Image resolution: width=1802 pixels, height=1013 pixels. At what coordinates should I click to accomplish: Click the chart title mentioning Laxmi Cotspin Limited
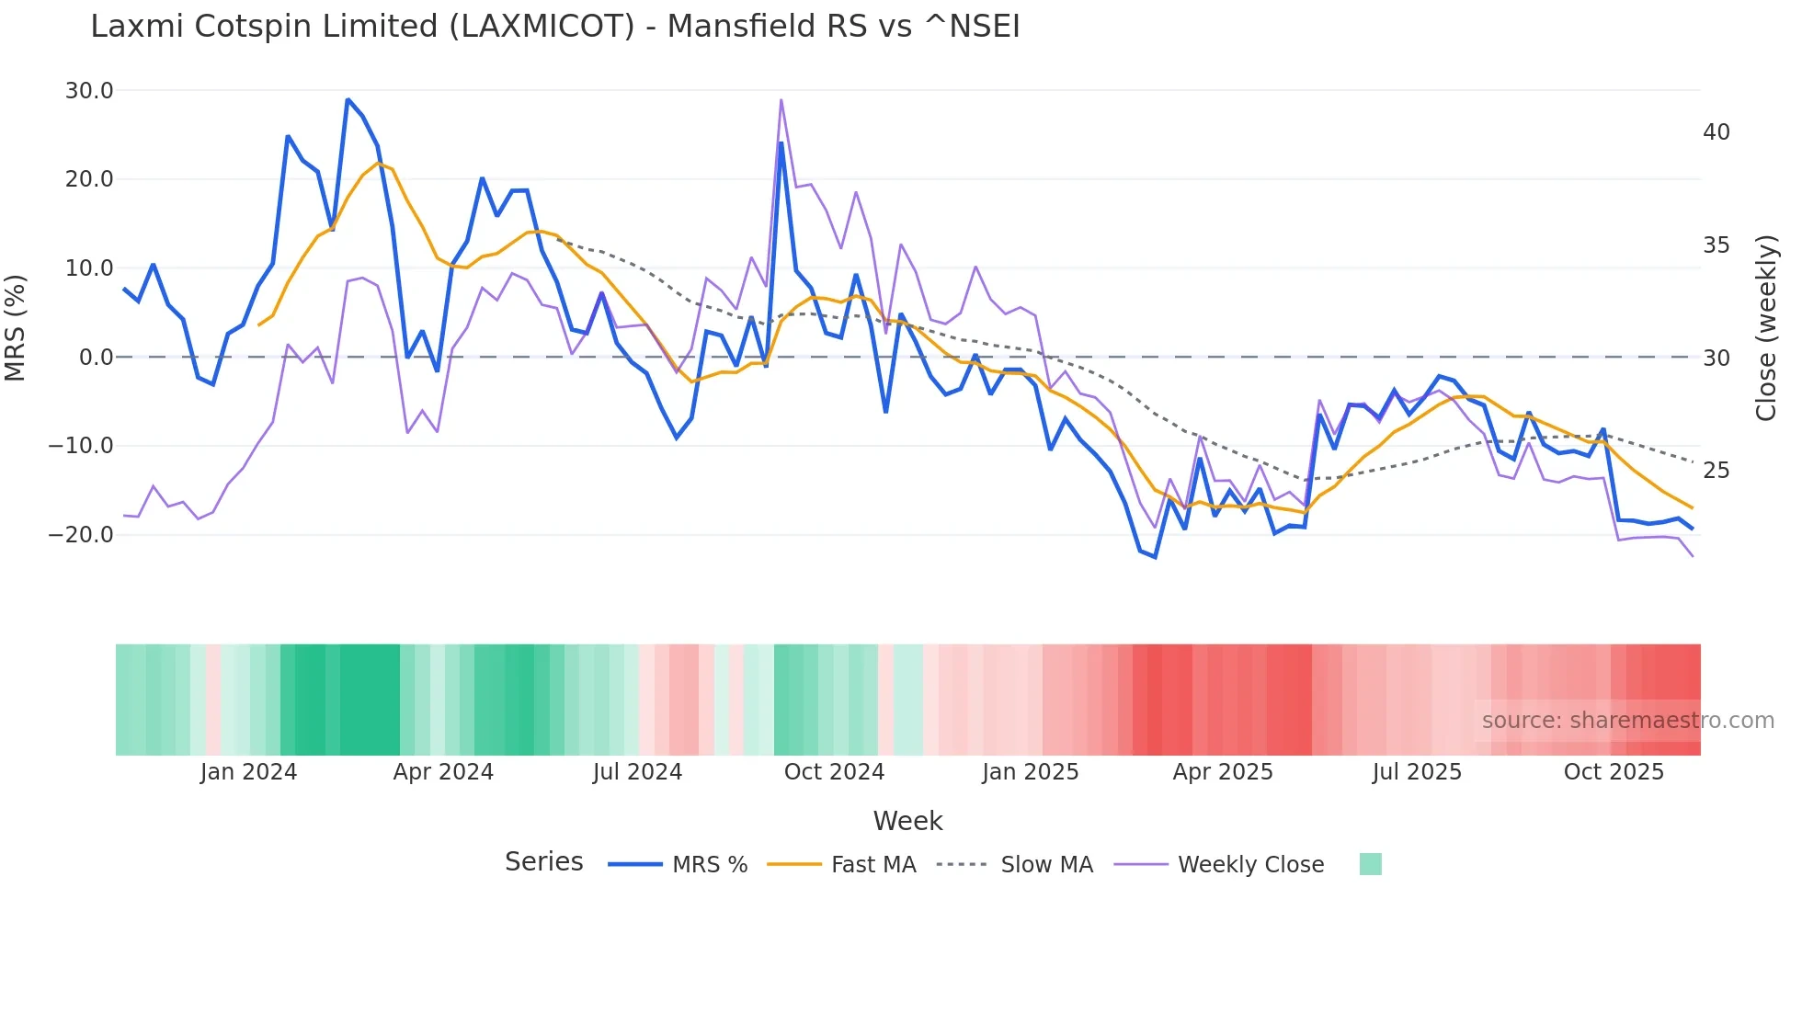(554, 27)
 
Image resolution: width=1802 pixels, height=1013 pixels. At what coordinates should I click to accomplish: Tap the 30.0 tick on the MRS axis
(89, 91)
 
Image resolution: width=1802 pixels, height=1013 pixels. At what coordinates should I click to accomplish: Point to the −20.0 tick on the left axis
(81, 535)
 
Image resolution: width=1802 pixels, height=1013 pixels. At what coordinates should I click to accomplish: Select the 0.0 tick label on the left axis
(96, 358)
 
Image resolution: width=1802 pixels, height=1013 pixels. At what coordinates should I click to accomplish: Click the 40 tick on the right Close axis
(1716, 132)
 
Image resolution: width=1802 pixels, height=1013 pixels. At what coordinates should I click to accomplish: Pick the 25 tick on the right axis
(1716, 471)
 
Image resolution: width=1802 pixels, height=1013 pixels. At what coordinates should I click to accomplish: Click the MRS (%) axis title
(16, 327)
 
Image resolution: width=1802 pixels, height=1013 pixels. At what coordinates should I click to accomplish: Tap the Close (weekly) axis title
(1766, 327)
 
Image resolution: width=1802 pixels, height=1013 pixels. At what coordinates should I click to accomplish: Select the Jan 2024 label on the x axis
(248, 772)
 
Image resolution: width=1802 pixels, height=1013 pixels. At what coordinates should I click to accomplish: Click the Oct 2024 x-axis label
(834, 772)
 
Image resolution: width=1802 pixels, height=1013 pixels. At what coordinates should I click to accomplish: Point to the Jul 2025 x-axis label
(1417, 772)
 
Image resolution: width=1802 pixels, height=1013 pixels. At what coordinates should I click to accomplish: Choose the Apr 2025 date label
(1223, 772)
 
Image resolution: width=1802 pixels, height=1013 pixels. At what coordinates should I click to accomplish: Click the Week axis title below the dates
(907, 821)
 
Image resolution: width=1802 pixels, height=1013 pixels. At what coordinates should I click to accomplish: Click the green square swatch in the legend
(1370, 864)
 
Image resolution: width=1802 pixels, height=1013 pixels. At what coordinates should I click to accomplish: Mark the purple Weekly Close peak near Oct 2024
(781, 100)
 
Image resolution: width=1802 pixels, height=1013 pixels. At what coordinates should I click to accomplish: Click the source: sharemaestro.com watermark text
(1627, 721)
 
